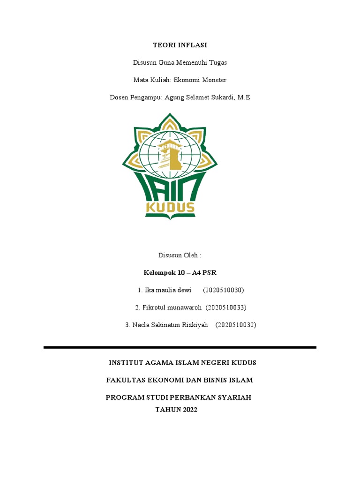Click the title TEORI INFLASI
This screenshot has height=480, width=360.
pos(180,45)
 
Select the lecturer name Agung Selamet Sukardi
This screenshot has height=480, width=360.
pos(200,97)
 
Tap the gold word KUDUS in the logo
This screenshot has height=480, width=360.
pos(170,207)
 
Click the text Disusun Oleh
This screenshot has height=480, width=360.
pos(180,255)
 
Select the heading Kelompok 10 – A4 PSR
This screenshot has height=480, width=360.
pos(180,273)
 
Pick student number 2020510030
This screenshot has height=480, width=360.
pos(224,290)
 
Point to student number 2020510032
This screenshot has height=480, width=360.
pos(236,325)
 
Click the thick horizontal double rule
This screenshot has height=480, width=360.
pos(180,347)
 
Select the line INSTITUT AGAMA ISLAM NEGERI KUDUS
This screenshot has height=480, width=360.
pos(182,363)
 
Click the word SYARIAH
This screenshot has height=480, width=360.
pos(233,397)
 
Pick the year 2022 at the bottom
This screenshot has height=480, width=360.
pos(188,409)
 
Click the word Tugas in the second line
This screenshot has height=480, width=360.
pos(218,63)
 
